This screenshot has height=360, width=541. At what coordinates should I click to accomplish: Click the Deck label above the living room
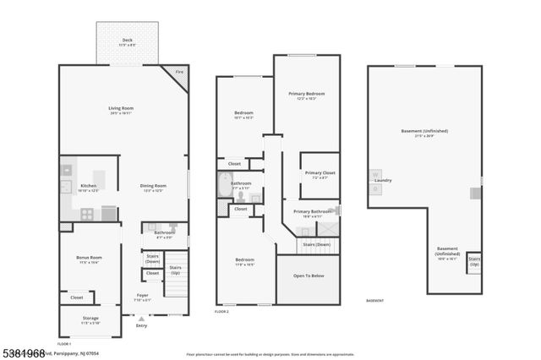click(127, 40)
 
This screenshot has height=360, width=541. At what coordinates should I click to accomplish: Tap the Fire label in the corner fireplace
click(178, 73)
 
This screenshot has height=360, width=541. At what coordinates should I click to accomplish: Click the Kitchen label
click(88, 186)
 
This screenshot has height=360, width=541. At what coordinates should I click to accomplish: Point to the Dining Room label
click(153, 186)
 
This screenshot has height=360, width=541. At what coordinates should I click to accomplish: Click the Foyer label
click(142, 296)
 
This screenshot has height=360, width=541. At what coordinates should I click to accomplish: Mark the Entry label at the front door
click(141, 325)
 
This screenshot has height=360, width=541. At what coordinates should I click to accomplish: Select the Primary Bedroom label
click(307, 94)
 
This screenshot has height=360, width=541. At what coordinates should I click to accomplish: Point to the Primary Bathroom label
click(312, 211)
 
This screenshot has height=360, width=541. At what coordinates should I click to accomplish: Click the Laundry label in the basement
click(382, 180)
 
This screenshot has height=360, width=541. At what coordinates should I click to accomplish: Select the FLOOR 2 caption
click(221, 313)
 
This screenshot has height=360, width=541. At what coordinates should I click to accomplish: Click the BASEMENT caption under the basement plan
click(374, 301)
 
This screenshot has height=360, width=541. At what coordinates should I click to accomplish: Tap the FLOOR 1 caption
click(63, 344)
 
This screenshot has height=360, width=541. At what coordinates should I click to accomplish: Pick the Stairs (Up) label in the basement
click(474, 261)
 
